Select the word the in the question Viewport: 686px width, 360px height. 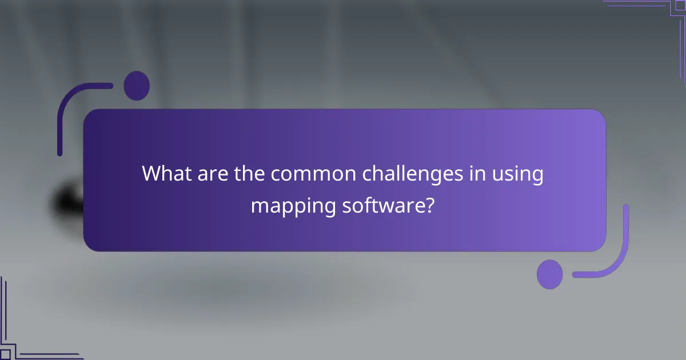click(249, 173)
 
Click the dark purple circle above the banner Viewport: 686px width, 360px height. click(137, 86)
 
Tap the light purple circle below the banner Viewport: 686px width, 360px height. click(550, 274)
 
